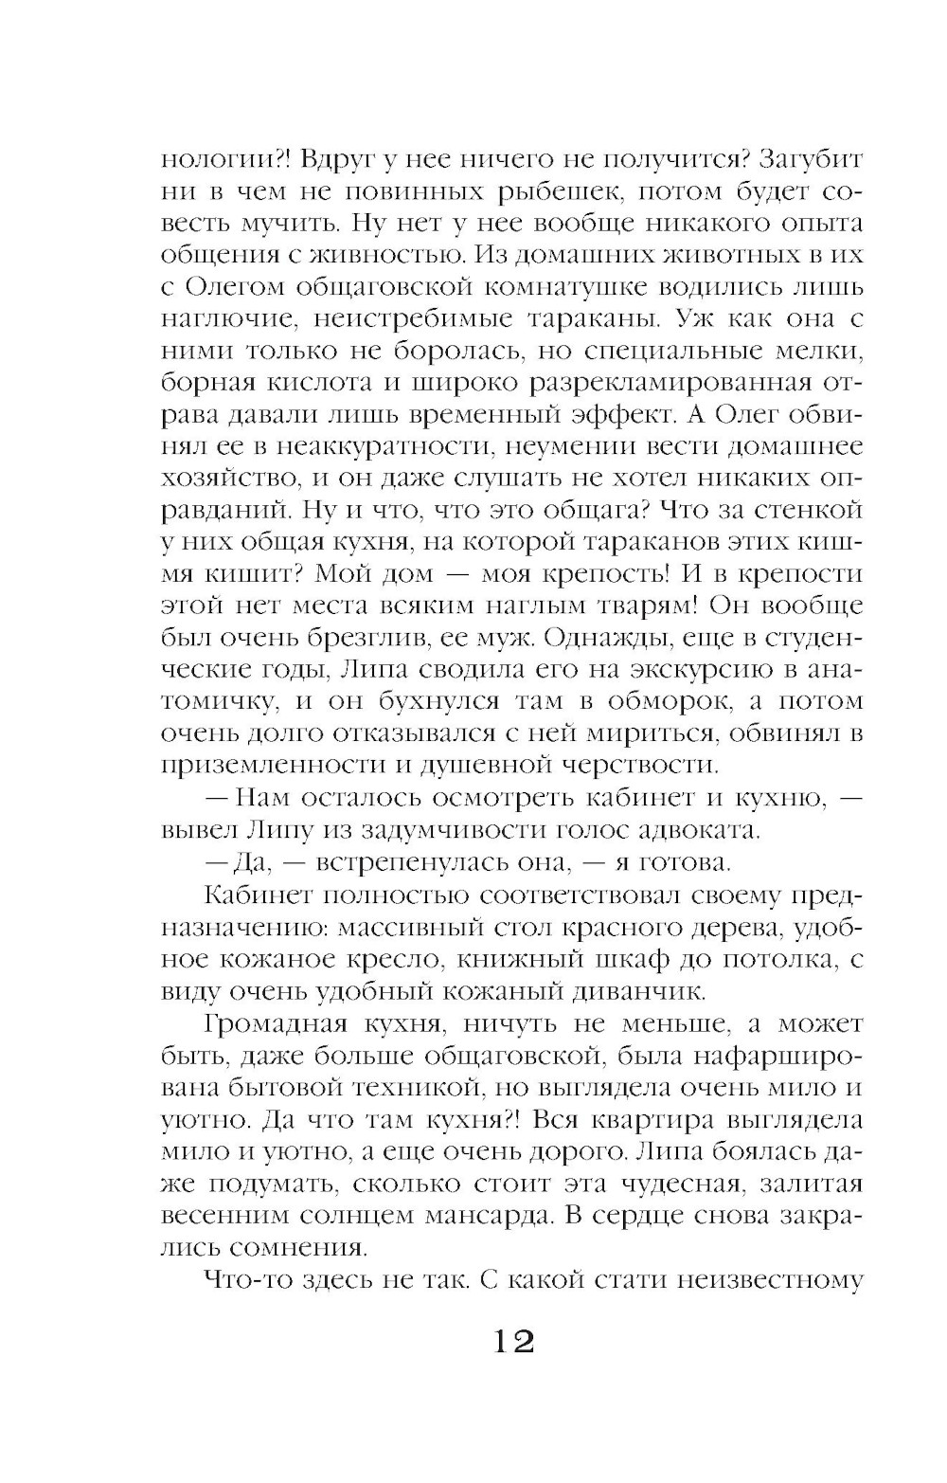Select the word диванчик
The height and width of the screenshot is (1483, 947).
[628, 991]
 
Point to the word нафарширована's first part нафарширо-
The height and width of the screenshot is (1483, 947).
[771, 1057]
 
